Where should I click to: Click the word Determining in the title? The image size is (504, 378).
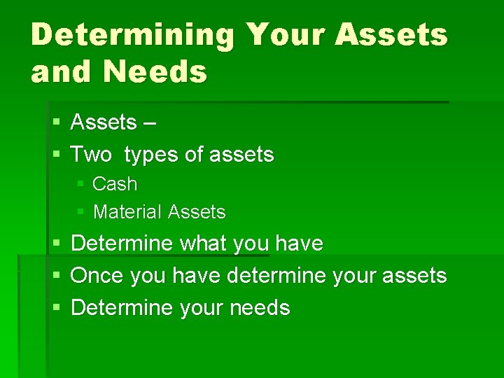click(x=131, y=35)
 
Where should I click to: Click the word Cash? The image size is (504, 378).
click(x=115, y=184)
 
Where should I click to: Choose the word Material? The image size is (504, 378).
click(x=127, y=211)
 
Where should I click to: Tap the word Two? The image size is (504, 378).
click(x=91, y=154)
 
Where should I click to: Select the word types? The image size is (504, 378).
click(x=152, y=155)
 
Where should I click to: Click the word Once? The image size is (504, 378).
click(x=97, y=276)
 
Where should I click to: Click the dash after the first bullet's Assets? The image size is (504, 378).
click(x=150, y=123)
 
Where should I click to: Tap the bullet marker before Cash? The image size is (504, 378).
click(x=80, y=184)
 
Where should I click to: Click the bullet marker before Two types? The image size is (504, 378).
click(x=57, y=154)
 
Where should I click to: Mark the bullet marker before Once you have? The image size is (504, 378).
click(x=57, y=276)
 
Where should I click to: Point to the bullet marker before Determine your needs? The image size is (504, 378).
click(x=57, y=308)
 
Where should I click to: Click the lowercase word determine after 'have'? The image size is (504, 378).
click(x=276, y=276)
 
